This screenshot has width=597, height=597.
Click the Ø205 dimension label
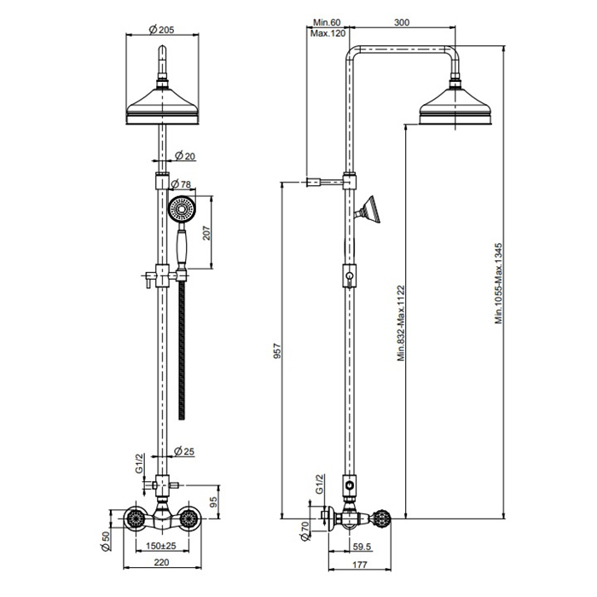pos(162,29)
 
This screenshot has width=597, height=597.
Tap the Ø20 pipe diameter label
pos(185,155)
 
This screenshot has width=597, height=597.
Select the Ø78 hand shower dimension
pos(181,184)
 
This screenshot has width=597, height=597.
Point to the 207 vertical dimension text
pos(206,233)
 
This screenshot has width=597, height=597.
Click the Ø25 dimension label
pos(184,451)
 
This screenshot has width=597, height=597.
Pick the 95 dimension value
pos(213,502)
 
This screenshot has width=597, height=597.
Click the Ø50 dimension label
pos(106,541)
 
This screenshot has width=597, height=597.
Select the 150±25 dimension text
pos(161,546)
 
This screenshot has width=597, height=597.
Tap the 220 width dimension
pos(161,562)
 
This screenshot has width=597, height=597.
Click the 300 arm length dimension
pos(402,22)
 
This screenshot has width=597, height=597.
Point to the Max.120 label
pos(327,33)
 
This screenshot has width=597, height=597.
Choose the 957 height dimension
pos(277,351)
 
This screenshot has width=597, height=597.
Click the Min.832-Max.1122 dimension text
pos(402,323)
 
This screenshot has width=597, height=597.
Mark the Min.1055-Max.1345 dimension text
pos(499,284)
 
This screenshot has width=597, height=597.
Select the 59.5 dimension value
pos(362,547)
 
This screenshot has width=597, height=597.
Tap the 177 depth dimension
pos(360,564)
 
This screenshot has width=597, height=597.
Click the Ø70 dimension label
pos(304,531)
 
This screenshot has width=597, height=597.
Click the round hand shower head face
pos(181,209)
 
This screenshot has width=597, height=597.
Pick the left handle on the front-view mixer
pos(136,519)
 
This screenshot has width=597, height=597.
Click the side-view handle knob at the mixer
pos(382,519)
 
